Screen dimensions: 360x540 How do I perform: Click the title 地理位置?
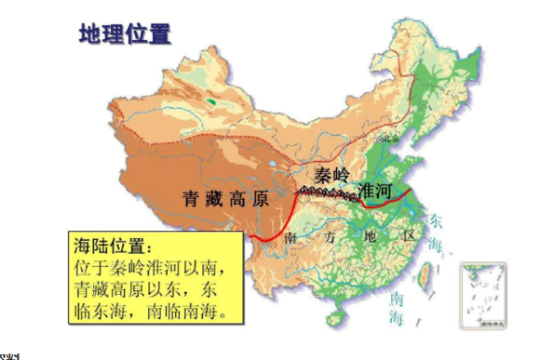125,35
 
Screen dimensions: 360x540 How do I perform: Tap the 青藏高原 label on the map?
225,198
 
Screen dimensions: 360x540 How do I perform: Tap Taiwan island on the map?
429,273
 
